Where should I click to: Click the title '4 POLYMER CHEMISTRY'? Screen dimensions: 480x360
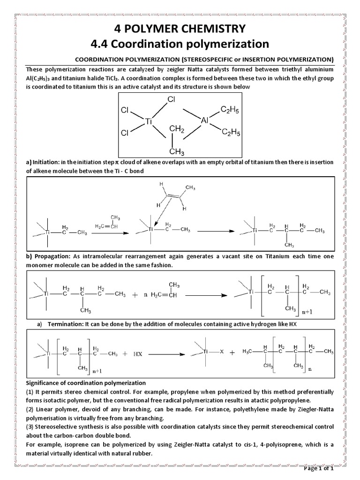pyautogui.click(x=180, y=29)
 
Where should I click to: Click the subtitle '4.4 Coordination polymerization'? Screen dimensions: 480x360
pyautogui.click(x=180, y=44)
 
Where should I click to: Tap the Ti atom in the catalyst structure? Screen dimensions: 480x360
pyautogui.click(x=150, y=120)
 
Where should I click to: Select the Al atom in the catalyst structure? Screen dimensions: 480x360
pyautogui.click(x=205, y=120)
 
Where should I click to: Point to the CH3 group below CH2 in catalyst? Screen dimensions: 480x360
pyautogui.click(x=176, y=151)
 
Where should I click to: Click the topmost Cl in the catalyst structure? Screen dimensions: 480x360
pyautogui.click(x=172, y=100)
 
